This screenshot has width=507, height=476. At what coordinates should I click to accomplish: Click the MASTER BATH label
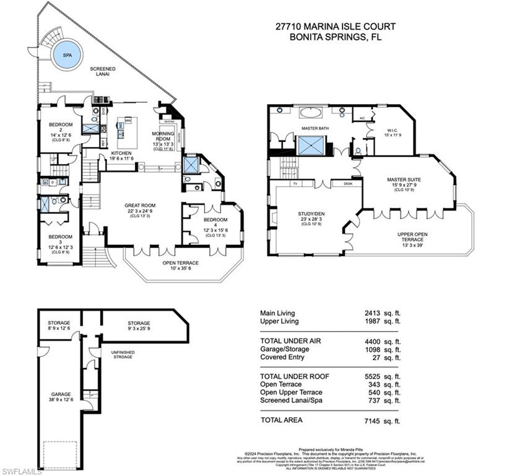[x=314, y=128]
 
